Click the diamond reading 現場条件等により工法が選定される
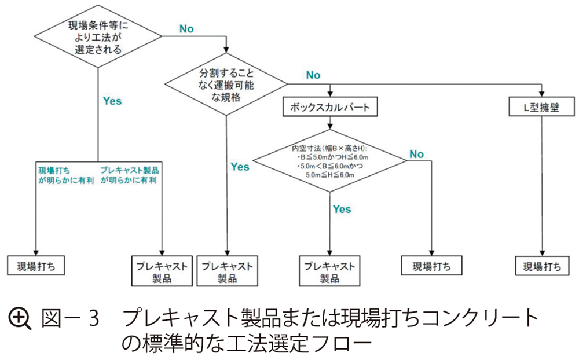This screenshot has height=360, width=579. coord(98,37)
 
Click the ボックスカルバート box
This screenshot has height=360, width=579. coord(329,108)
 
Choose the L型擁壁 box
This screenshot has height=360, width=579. coord(542,108)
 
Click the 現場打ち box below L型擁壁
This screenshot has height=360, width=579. coord(542,266)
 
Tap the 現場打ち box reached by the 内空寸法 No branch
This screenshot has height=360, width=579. coord(431,266)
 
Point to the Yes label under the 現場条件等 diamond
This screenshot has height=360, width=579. coord(112,101)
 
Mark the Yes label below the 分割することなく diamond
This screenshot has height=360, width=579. coord(240,167)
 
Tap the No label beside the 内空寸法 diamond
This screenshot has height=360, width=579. coord(416,154)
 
